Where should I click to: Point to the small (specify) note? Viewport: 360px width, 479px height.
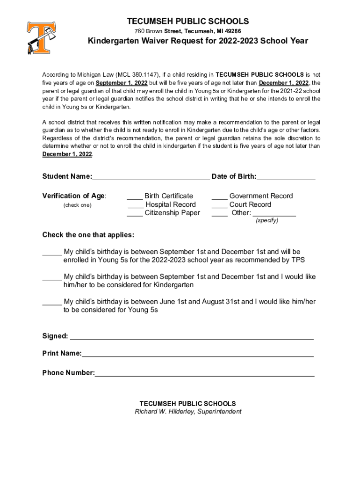(x=266, y=221)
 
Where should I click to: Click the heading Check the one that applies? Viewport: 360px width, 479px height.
(x=88, y=234)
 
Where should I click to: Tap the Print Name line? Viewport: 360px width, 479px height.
(x=197, y=355)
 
